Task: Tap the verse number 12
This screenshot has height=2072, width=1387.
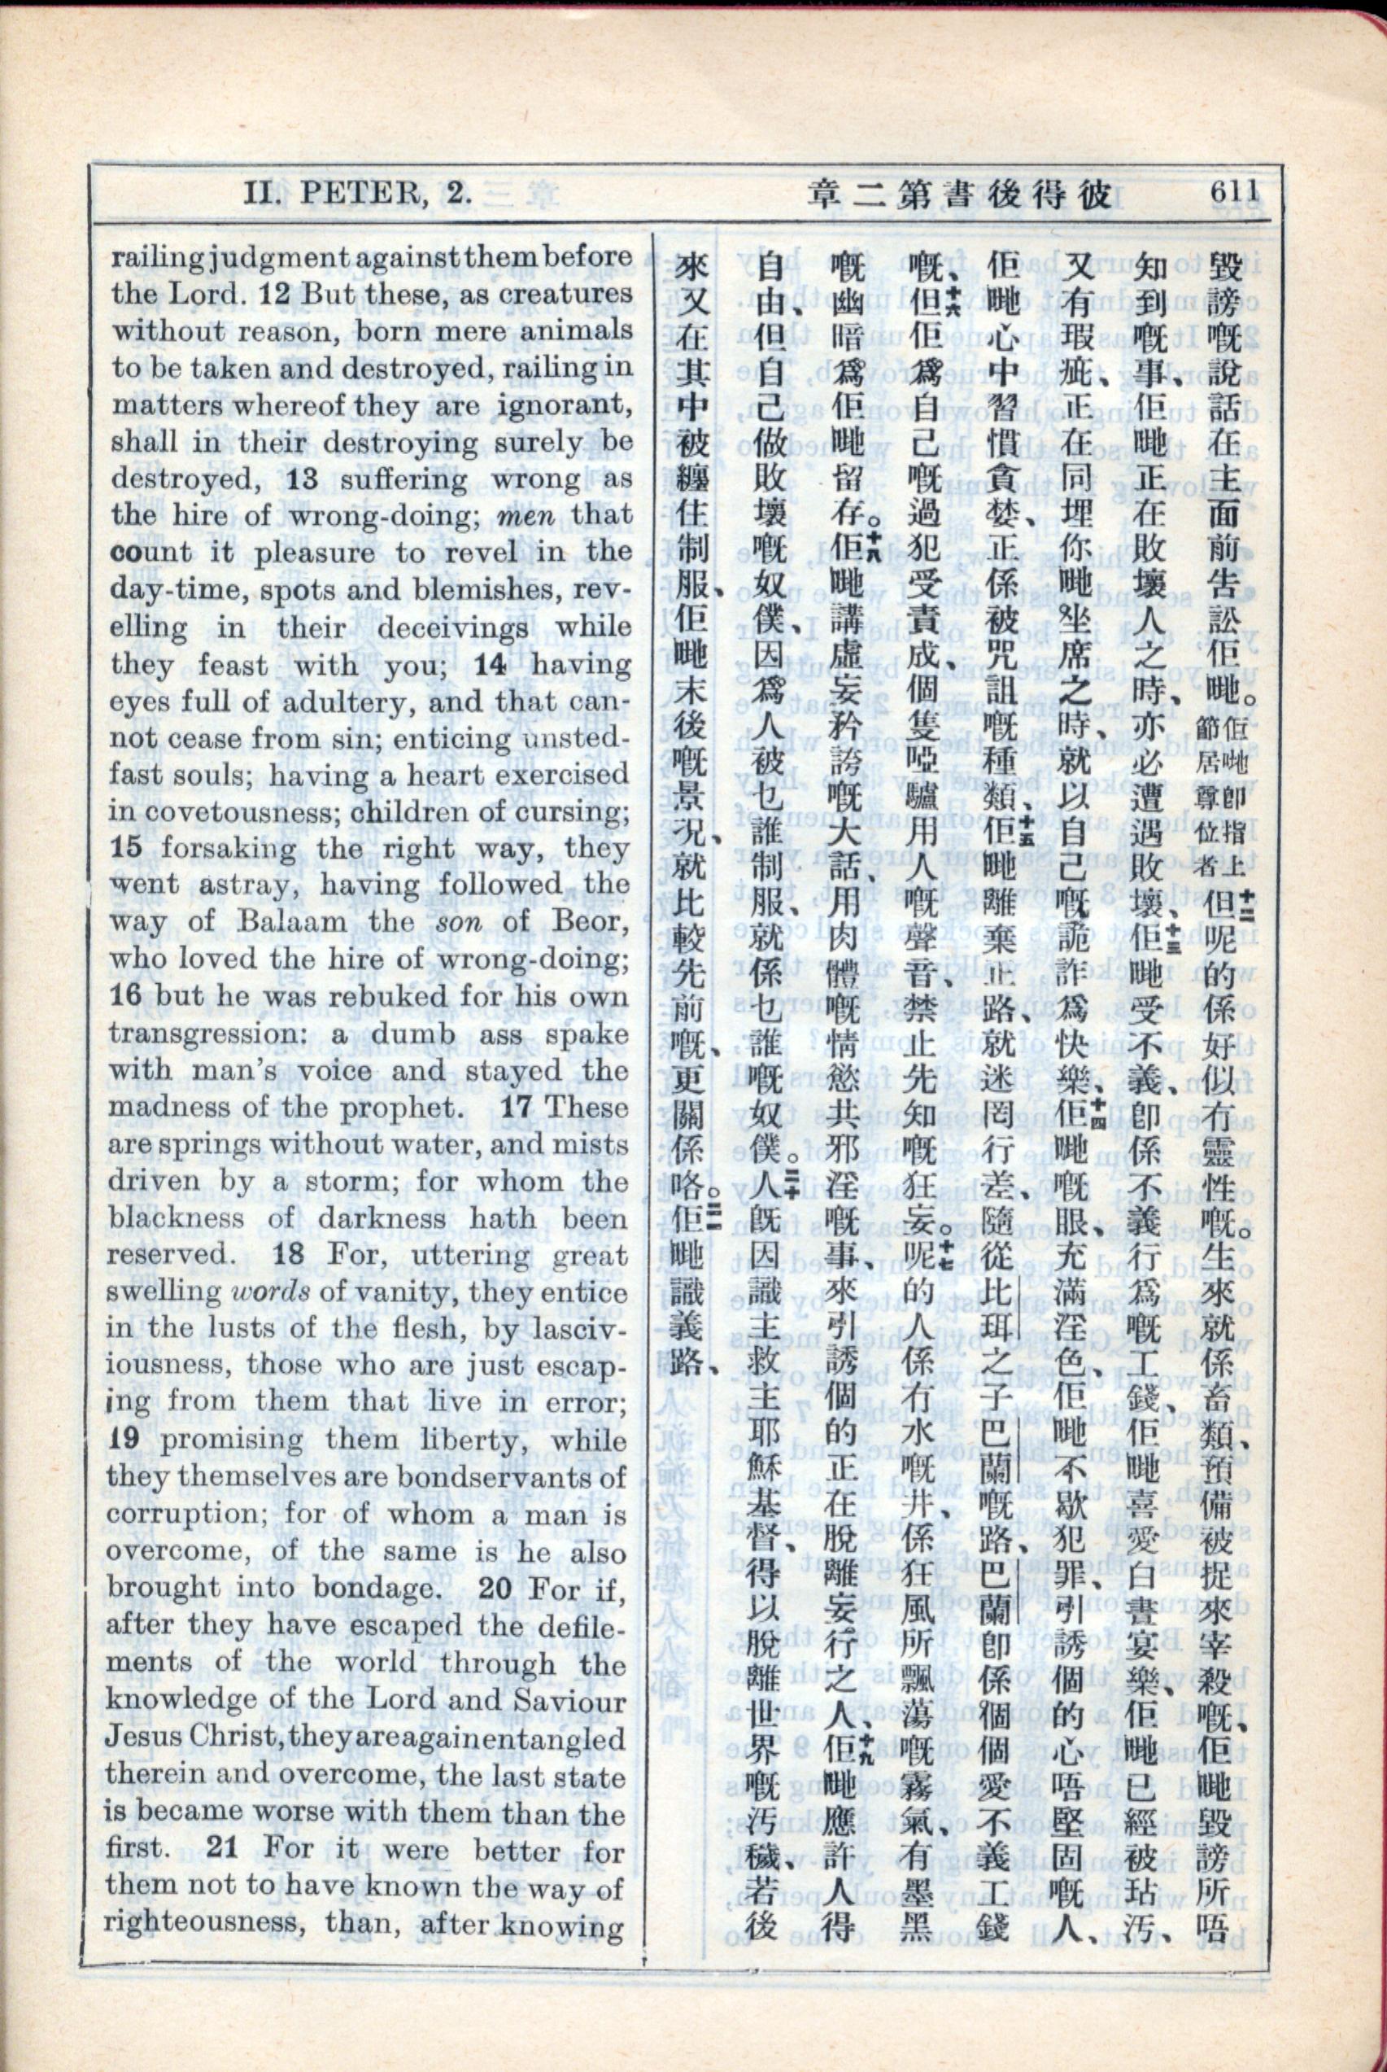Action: click(x=274, y=294)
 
